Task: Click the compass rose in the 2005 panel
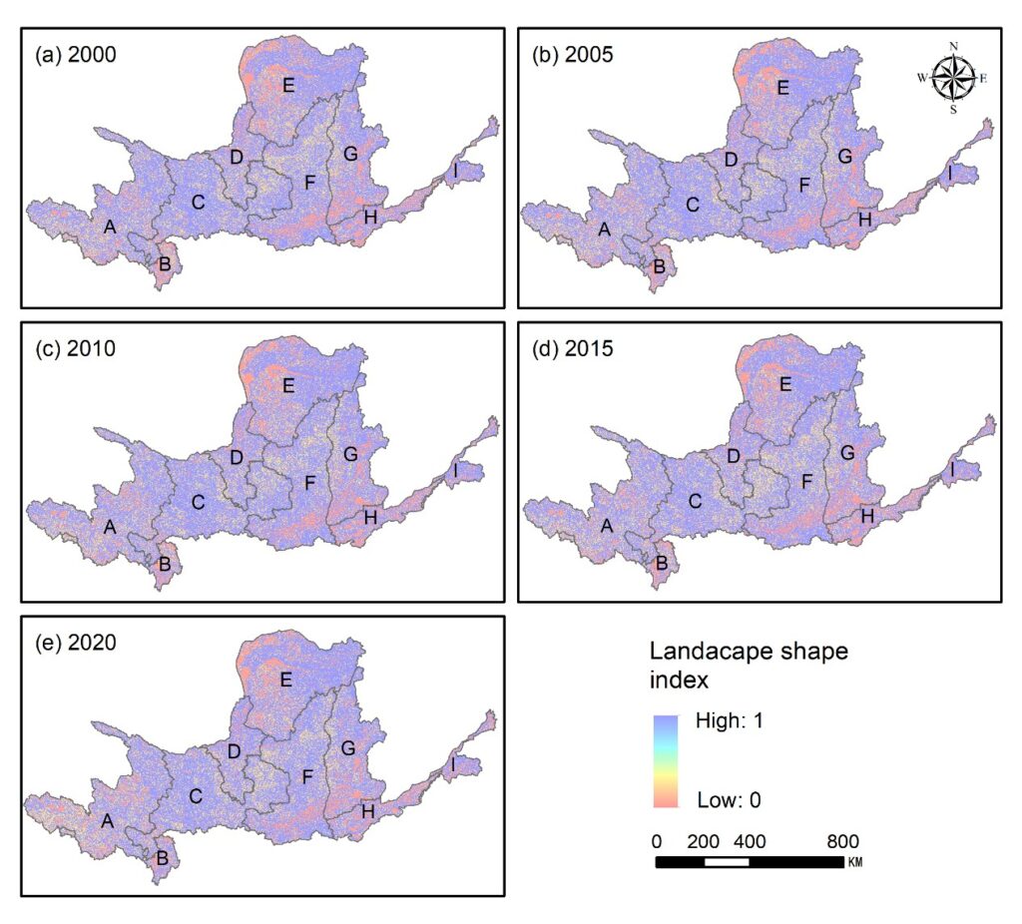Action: point(953,78)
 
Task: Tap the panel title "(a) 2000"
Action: point(76,54)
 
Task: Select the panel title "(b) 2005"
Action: point(573,54)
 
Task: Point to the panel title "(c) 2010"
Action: point(76,348)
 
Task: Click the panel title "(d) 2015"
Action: point(573,348)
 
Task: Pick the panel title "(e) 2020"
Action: point(76,643)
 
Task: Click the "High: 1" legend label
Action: point(729,720)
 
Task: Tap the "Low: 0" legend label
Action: point(729,800)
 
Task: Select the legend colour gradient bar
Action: point(666,761)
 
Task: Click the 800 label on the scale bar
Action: point(842,841)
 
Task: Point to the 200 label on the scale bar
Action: point(703,841)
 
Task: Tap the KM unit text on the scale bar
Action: point(855,862)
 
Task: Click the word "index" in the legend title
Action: point(679,680)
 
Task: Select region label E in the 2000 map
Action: point(288,86)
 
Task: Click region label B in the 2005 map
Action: point(659,266)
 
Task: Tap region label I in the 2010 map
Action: point(455,470)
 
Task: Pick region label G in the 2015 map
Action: point(847,453)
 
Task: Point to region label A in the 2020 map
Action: point(108,821)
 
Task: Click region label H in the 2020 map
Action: point(368,812)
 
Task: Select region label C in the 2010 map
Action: point(199,502)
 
